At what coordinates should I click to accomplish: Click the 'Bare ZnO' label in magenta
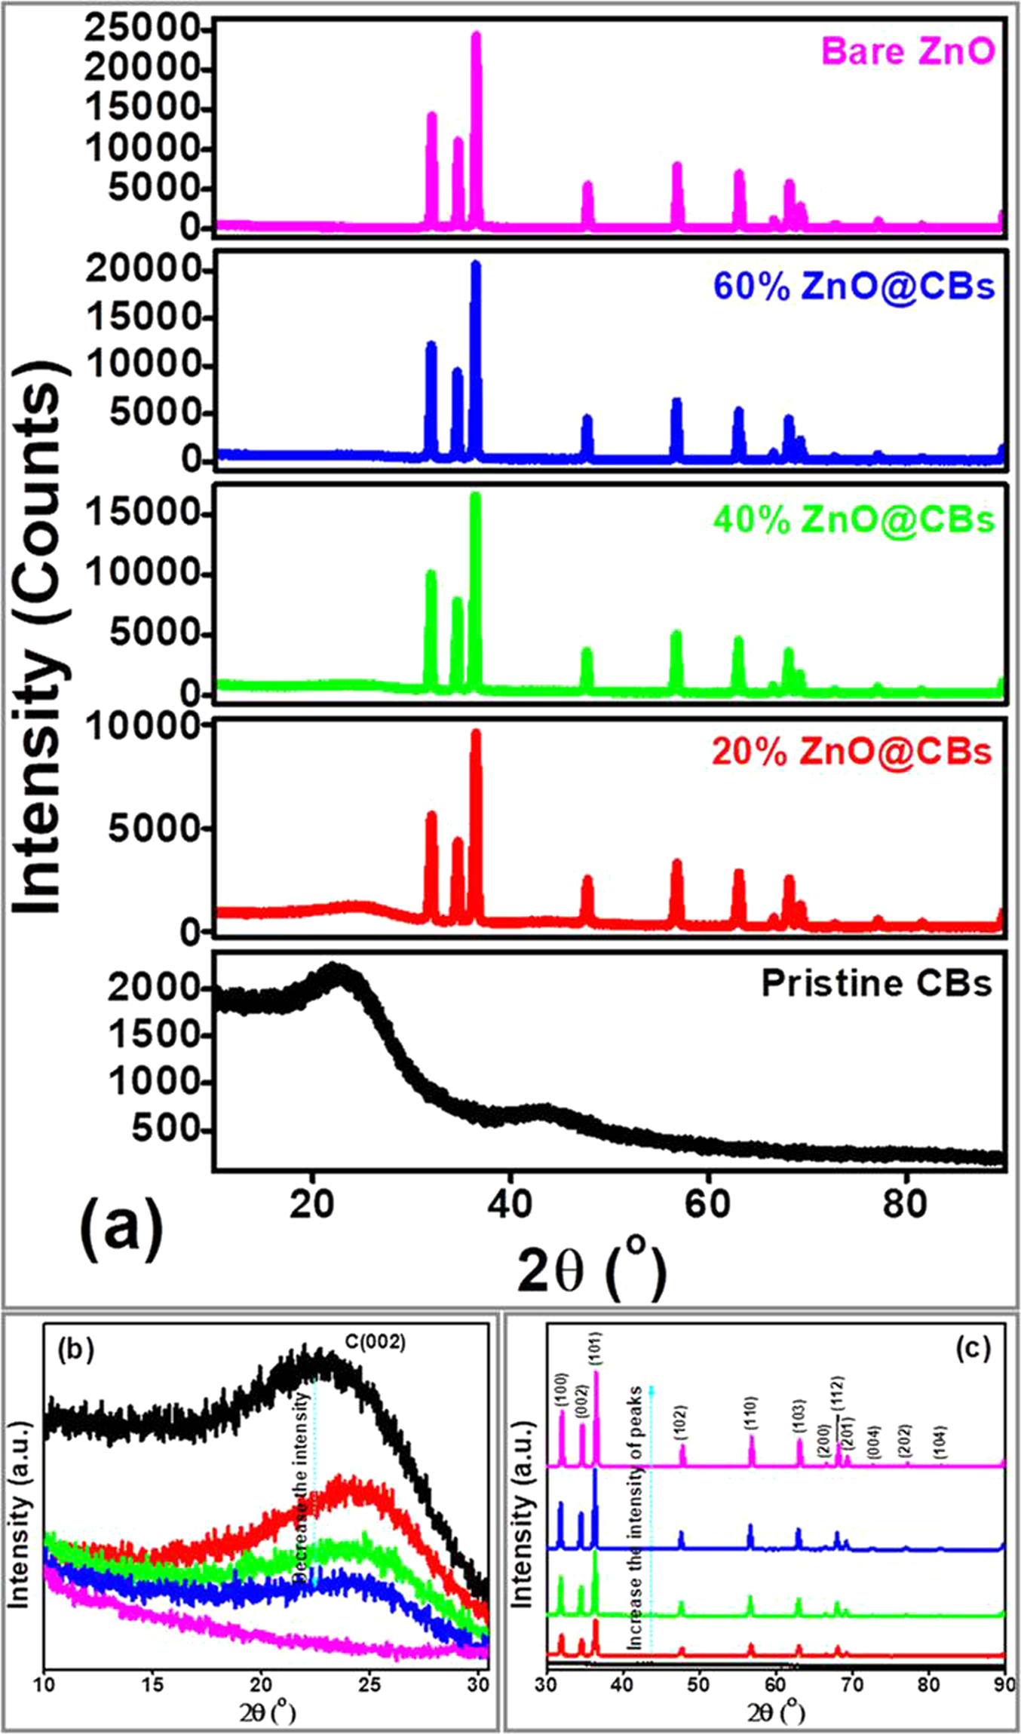(908, 52)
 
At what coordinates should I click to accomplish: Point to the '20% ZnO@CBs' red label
(851, 752)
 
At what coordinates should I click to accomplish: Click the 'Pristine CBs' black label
(876, 984)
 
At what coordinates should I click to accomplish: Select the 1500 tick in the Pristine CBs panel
(155, 1035)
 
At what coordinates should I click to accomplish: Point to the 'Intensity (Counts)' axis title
(38, 648)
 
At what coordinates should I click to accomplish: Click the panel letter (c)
(973, 1349)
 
